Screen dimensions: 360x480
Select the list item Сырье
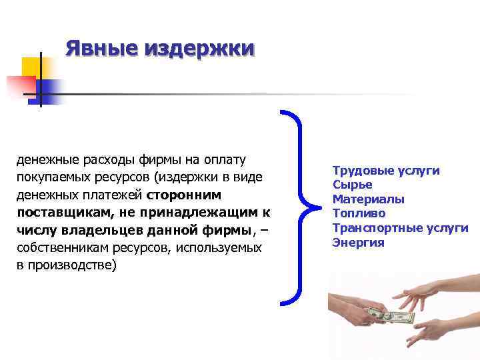pos(352,185)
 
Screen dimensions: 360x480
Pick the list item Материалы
pos(368,199)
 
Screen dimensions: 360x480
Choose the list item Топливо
pos(359,213)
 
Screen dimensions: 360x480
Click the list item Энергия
pos(358,242)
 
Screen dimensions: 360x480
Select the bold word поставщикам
pos(58,213)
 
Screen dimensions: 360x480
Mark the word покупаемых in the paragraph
pos(50,178)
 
